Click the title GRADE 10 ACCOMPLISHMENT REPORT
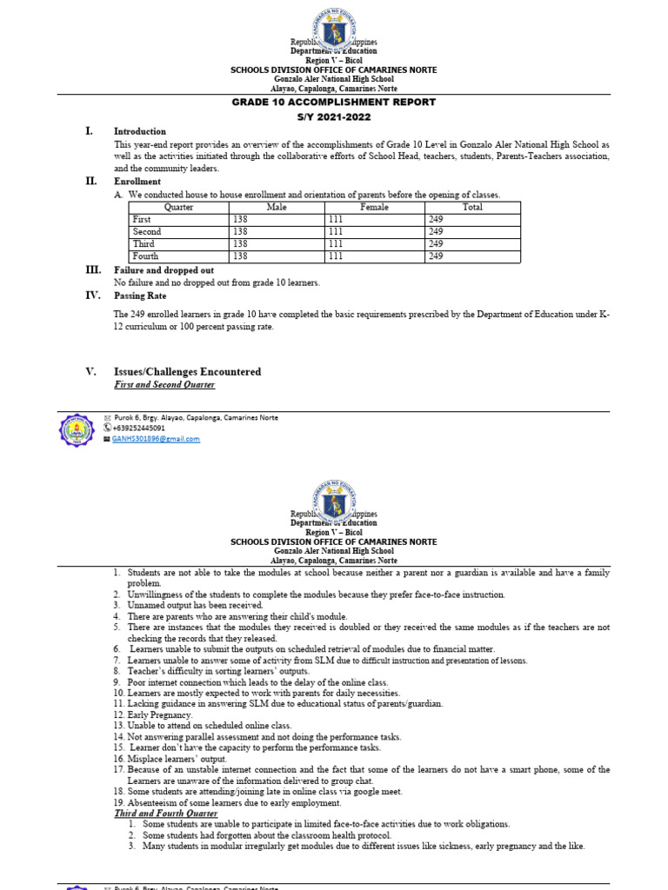tap(333, 102)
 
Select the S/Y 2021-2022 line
tap(333, 115)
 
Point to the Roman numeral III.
tap(92, 270)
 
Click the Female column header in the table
tap(374, 208)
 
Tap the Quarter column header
tap(178, 208)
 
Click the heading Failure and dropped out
tap(164, 270)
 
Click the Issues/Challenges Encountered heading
tap(187, 372)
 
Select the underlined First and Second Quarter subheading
tap(164, 385)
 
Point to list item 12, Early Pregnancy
tap(160, 714)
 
